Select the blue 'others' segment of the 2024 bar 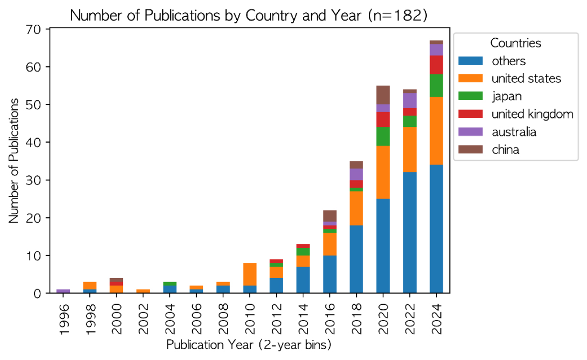point(436,229)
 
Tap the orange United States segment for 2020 point(383,172)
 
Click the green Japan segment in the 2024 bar point(436,86)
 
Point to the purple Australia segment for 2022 point(410,101)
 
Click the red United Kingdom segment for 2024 point(436,65)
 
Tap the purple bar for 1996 point(63,291)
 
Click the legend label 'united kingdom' point(532,114)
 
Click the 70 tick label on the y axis point(34,29)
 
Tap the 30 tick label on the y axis point(34,180)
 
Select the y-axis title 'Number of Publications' point(14,161)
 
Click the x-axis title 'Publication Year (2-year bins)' point(248,345)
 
